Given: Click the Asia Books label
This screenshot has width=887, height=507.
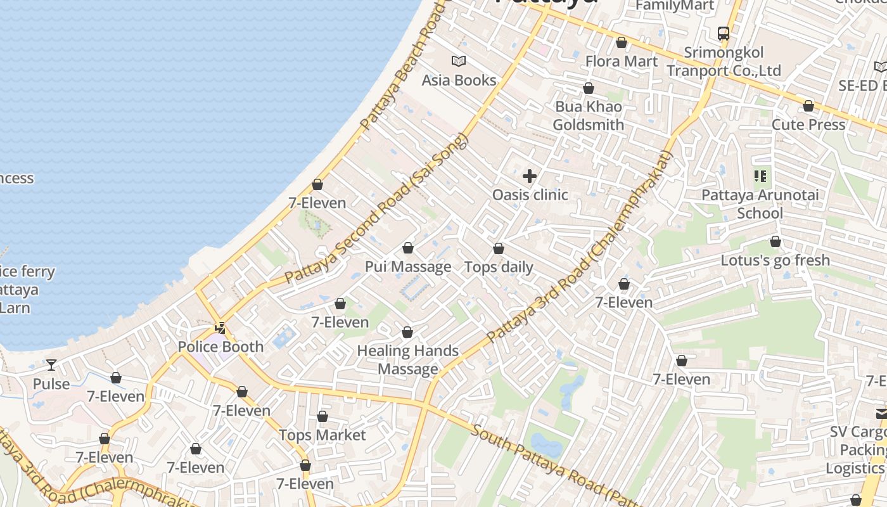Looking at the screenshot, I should (459, 80).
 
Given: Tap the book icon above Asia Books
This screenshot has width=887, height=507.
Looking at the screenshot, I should (459, 61).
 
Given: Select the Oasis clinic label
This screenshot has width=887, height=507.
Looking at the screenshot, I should (530, 195).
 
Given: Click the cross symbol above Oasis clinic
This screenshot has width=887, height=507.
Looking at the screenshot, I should (530, 176).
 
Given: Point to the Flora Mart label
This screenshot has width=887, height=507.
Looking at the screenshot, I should (621, 61).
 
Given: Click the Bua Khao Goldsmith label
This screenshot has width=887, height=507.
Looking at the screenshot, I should (588, 115).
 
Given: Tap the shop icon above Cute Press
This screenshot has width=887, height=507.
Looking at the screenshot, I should (808, 106).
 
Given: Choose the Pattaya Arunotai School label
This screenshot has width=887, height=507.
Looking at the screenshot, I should (760, 204).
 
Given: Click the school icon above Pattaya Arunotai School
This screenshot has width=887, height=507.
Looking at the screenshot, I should (760, 176).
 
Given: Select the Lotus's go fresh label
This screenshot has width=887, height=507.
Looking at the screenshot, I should (775, 260).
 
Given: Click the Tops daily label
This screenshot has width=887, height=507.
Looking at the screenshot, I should (499, 267).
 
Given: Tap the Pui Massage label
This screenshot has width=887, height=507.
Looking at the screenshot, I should (408, 267).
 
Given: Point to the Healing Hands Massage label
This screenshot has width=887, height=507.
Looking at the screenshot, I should (407, 359).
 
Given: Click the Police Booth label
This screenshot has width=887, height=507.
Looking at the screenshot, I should (220, 347).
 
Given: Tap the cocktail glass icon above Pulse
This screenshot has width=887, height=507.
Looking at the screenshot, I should (51, 365).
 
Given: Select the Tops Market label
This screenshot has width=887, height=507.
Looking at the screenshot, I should (322, 435).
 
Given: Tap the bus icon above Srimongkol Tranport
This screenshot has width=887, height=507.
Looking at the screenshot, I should (723, 33).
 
